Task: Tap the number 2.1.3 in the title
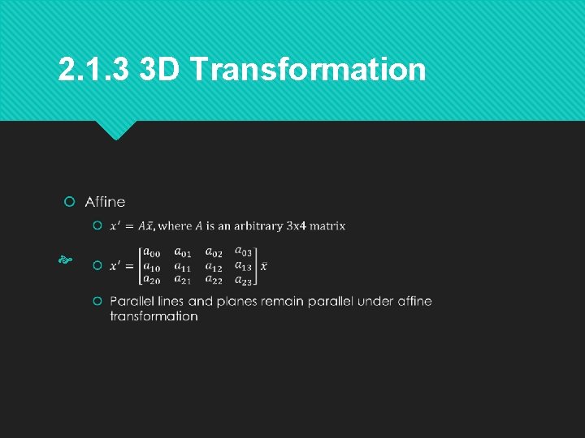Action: point(93,70)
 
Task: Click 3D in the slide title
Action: point(160,70)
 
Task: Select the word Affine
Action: point(105,201)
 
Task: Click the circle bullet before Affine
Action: point(70,201)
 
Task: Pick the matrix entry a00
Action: point(151,253)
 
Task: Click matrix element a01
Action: point(183,253)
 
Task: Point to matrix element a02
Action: point(214,253)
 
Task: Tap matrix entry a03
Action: point(244,253)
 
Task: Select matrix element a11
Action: point(183,266)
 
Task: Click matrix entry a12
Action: point(214,266)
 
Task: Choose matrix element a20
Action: point(151,279)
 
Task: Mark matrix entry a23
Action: point(244,279)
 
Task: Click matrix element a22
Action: point(214,279)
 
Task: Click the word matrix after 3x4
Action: point(327,225)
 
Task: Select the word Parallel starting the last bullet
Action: point(132,302)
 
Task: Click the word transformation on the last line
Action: point(154,316)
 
